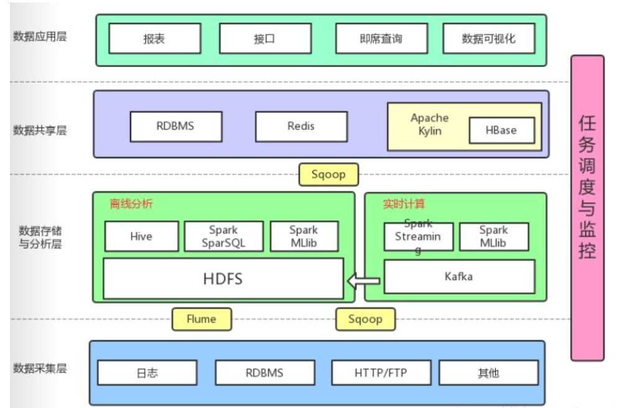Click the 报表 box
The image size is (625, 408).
click(155, 39)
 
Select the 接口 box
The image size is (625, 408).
click(265, 39)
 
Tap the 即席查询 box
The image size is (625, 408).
click(381, 39)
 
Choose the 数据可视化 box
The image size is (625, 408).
click(488, 39)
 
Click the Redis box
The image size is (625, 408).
click(301, 126)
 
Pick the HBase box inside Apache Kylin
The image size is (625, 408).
click(501, 130)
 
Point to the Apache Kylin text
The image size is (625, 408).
click(429, 124)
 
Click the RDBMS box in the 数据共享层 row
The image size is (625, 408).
click(175, 126)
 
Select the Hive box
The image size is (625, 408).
click(141, 237)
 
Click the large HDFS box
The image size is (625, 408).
click(223, 278)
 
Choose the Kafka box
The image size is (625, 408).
click(458, 276)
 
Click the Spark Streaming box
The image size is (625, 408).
click(418, 237)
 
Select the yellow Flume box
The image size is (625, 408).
click(201, 319)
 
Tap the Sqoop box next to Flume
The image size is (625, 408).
click(365, 319)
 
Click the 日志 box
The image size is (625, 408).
click(147, 373)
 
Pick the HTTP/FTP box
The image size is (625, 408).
click(381, 373)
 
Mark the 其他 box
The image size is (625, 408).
click(488, 373)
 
